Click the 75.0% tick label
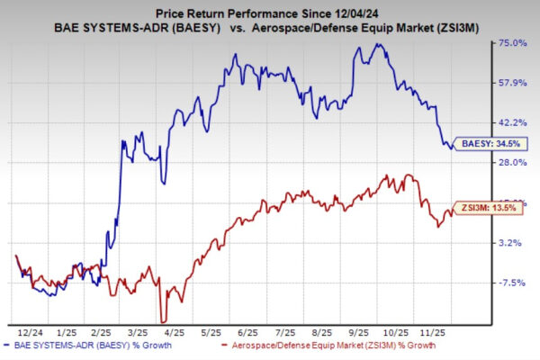click(509, 43)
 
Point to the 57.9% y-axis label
click(509, 83)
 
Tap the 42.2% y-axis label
click(509, 122)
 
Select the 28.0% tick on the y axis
click(509, 162)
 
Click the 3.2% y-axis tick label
click(511, 242)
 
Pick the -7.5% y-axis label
click(510, 283)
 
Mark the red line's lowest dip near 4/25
click(162, 319)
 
